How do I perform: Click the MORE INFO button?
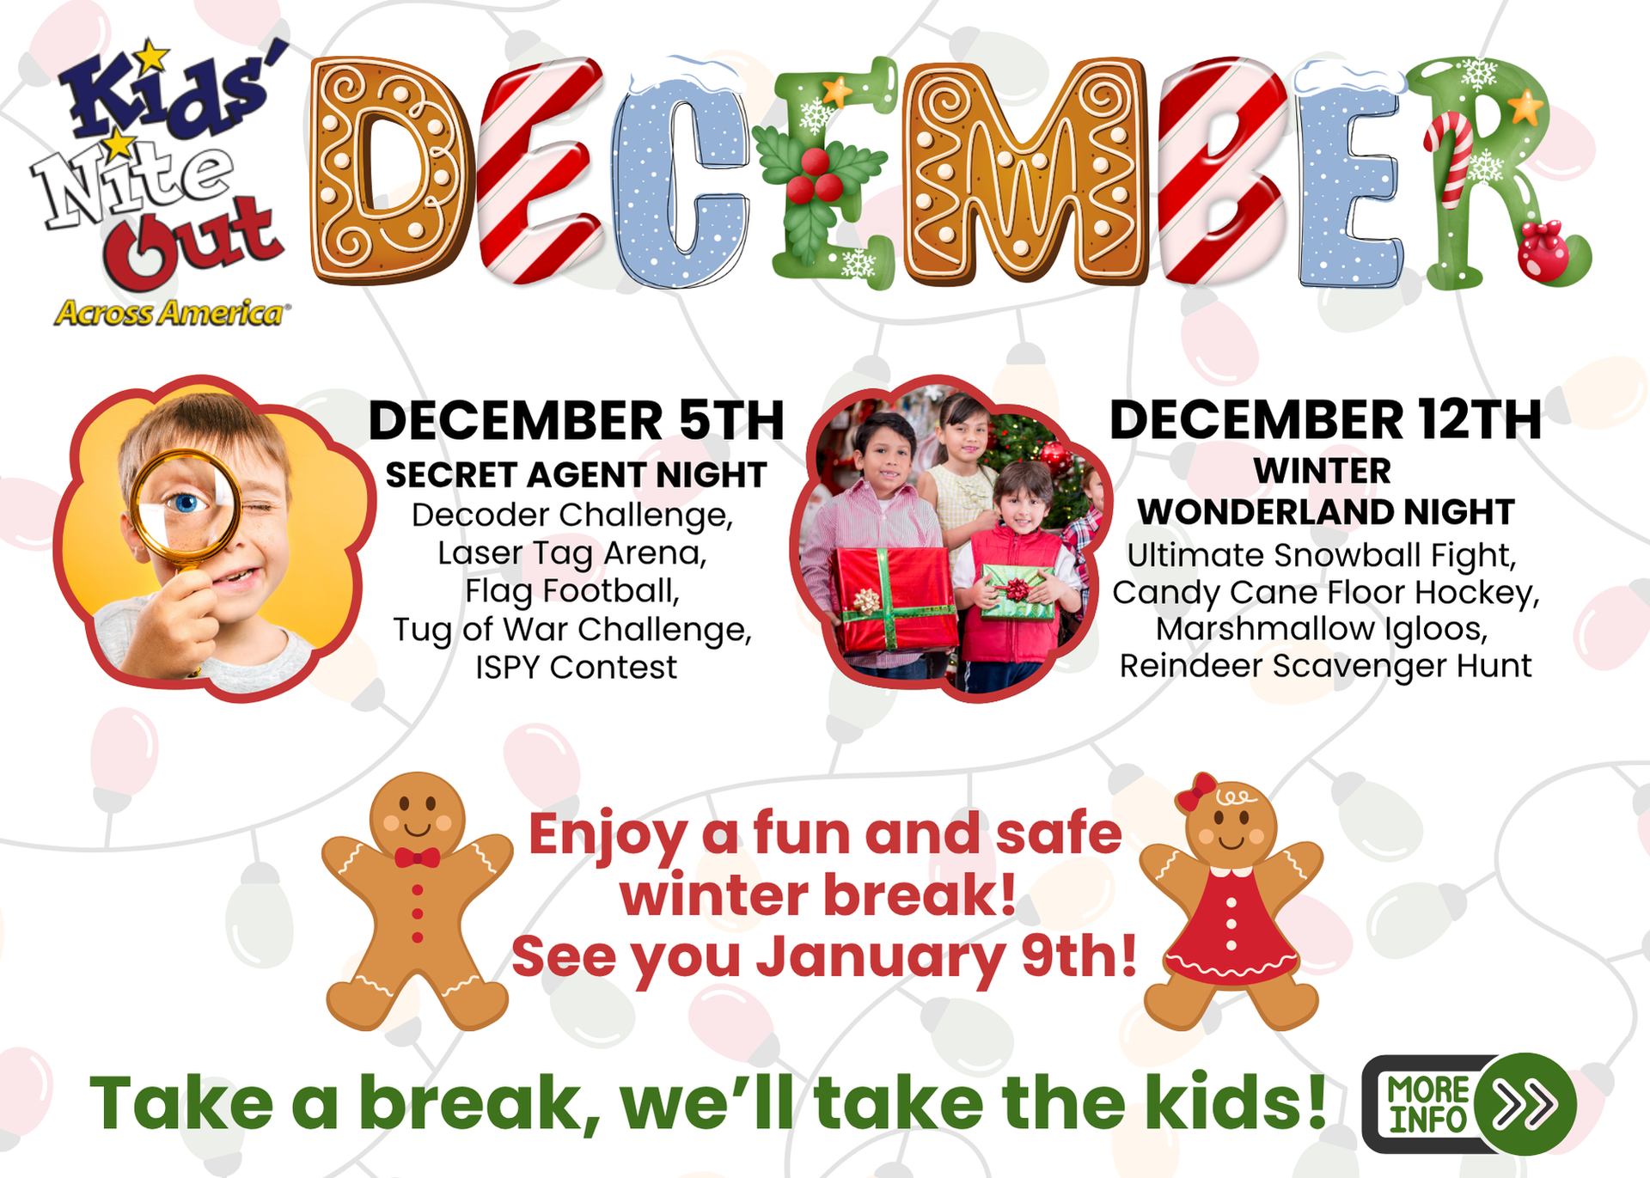pyautogui.click(x=1470, y=1104)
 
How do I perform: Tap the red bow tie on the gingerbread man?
pyautogui.click(x=417, y=858)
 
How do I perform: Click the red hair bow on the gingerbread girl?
pyautogui.click(x=1196, y=790)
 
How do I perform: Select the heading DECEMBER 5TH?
pyautogui.click(x=577, y=420)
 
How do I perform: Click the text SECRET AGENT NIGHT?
pyautogui.click(x=576, y=474)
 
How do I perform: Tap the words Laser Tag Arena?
pyautogui.click(x=572, y=553)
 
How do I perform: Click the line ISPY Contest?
pyautogui.click(x=577, y=667)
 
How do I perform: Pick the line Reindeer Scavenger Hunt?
pyautogui.click(x=1325, y=666)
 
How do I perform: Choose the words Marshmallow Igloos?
pyautogui.click(x=1322, y=629)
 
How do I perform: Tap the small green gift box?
pyautogui.click(x=1018, y=591)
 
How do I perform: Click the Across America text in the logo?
pyautogui.click(x=169, y=313)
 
